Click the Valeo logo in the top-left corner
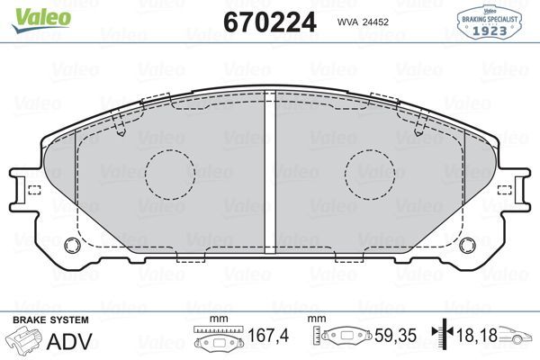point(30,13)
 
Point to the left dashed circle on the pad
point(170,172)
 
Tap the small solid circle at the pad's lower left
point(75,245)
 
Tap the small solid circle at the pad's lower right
point(465,245)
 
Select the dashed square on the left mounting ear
point(35,189)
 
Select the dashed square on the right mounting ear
point(505,189)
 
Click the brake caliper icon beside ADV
point(24,341)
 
